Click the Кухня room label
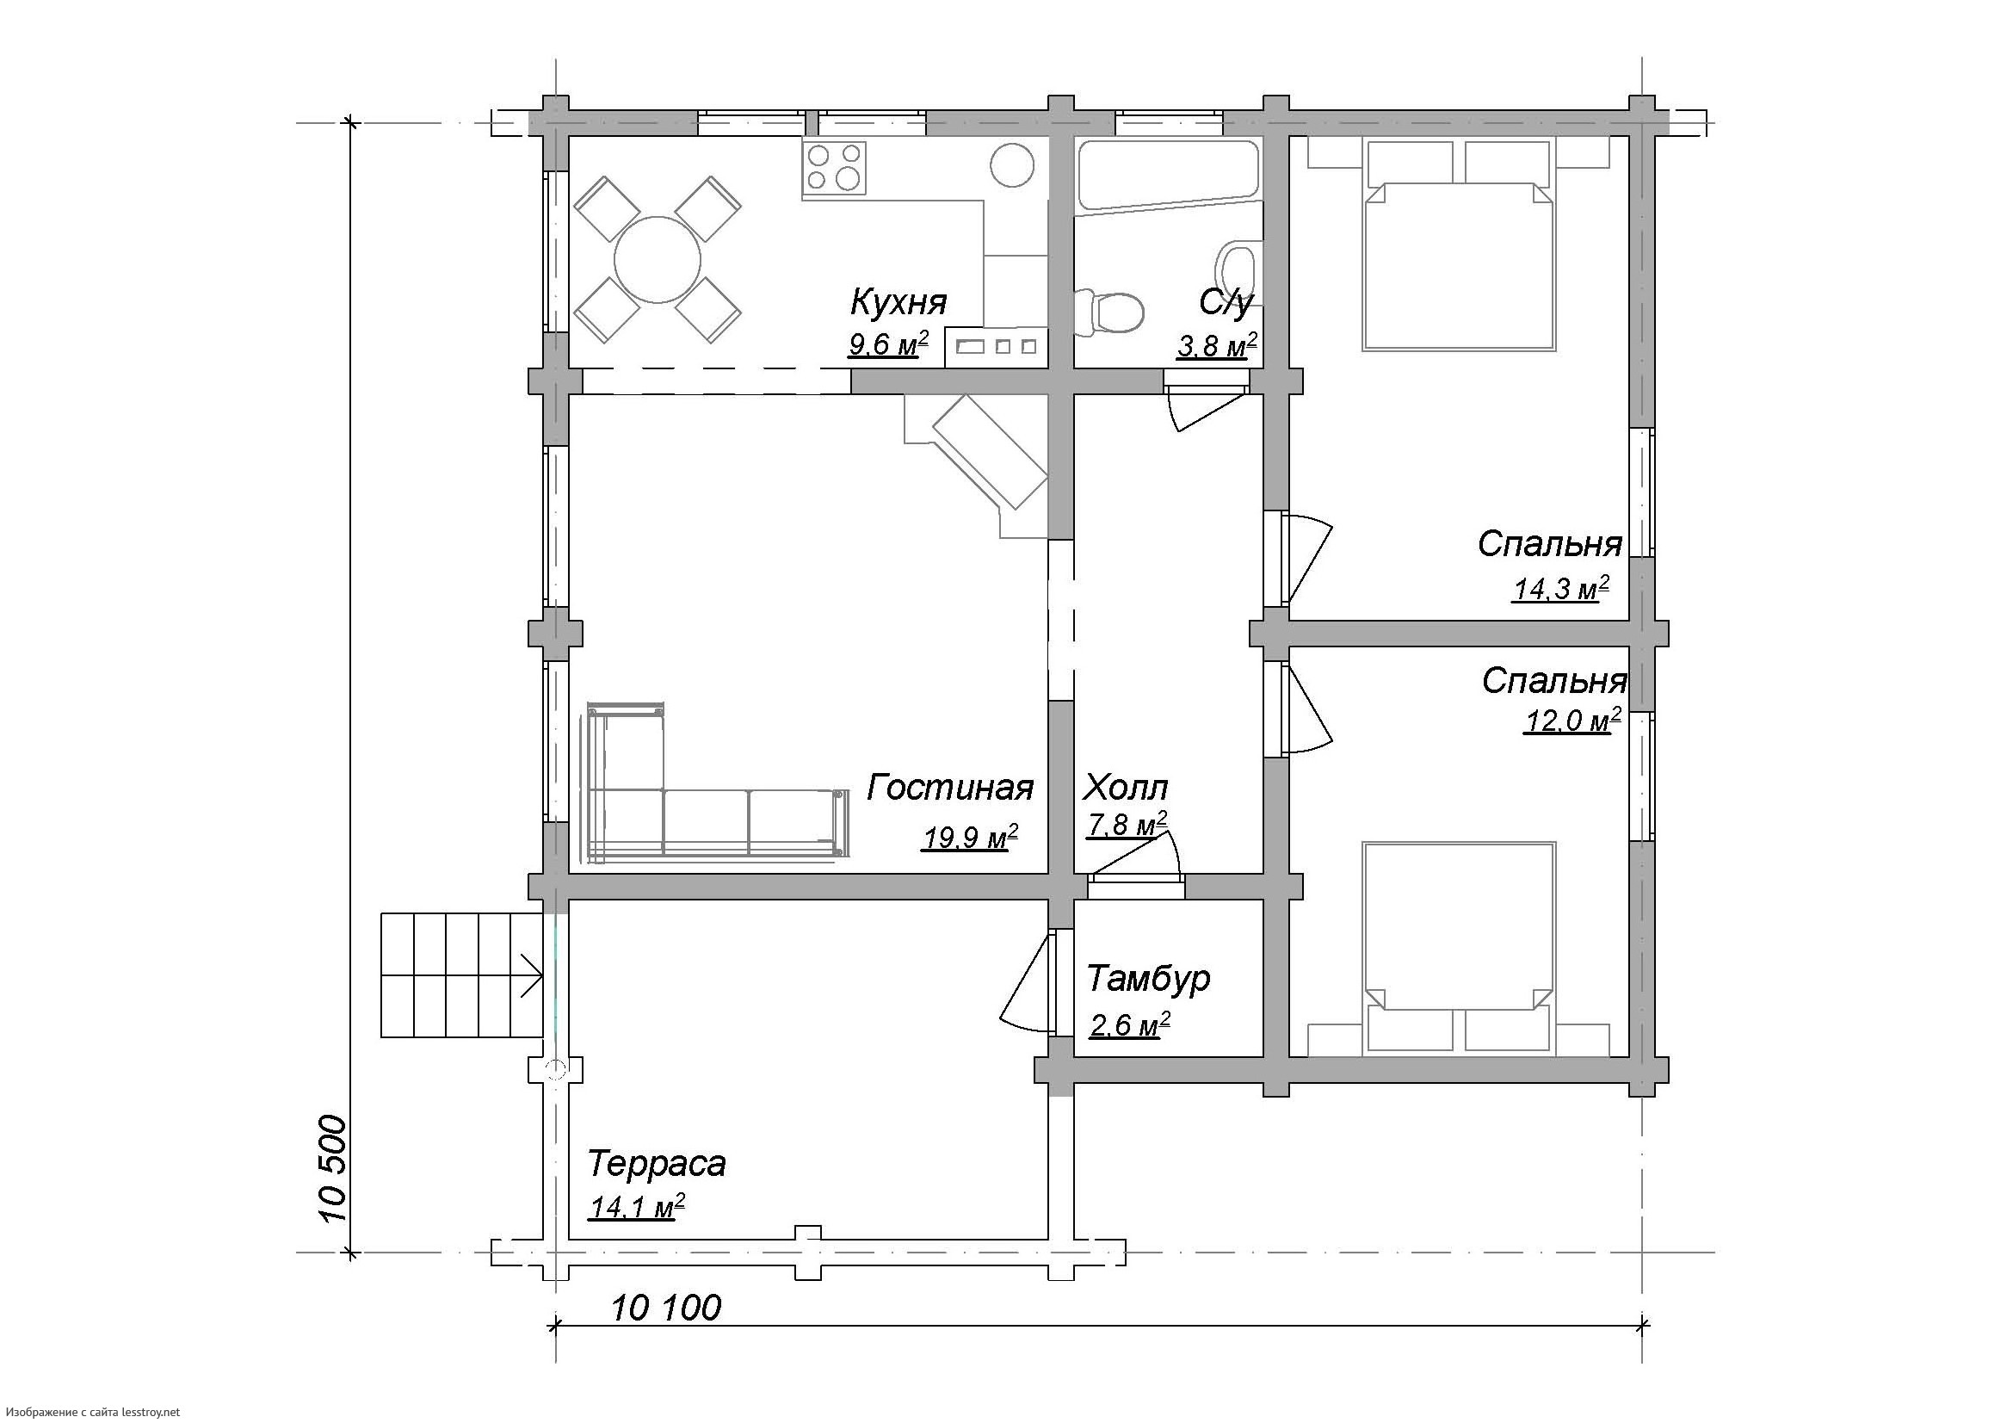click(898, 301)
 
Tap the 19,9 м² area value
click(970, 838)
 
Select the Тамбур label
click(1149, 979)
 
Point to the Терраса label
click(657, 1164)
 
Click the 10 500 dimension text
click(334, 1170)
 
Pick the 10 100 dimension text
click(666, 1309)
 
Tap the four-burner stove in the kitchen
click(834, 168)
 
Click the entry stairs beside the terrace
click(462, 975)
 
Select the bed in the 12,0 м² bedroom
click(1459, 947)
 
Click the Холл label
click(1125, 789)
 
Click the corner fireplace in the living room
click(977, 466)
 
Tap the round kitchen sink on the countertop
click(1014, 164)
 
